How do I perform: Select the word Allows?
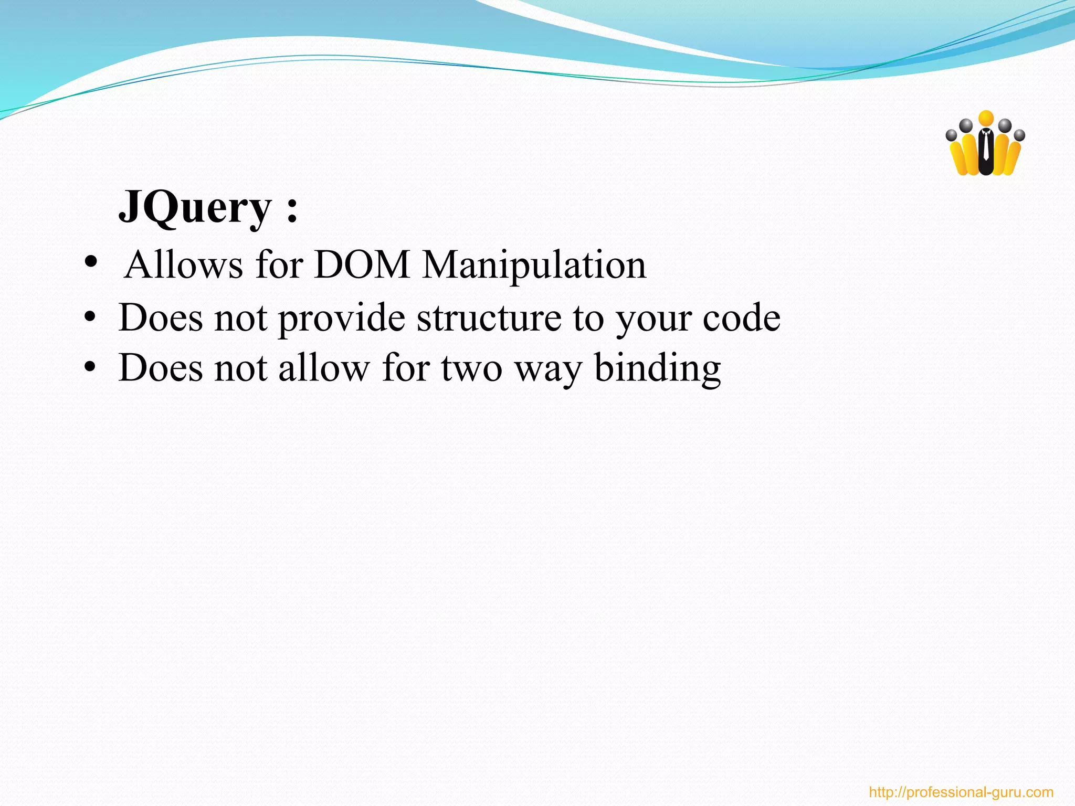click(184, 264)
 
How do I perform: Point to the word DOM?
click(362, 264)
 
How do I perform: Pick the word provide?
click(342, 319)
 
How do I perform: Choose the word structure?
click(489, 319)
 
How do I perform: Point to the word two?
click(471, 368)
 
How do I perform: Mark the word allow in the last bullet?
click(324, 368)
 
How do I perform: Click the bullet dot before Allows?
click(90, 262)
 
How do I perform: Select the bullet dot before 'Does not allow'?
click(90, 367)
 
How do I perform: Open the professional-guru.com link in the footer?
click(961, 792)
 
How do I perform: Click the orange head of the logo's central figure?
click(986, 118)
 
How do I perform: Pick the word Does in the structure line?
click(160, 318)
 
